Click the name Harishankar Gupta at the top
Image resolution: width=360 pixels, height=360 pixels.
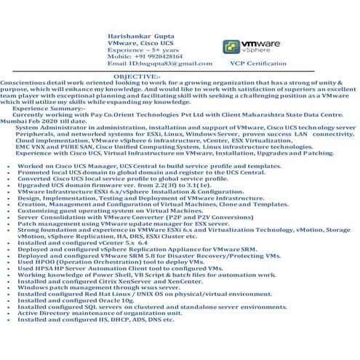[x=141, y=34]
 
